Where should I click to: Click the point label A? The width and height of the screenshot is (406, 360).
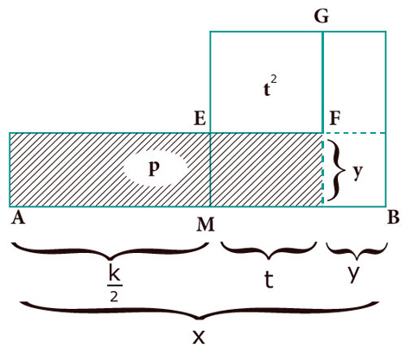coord(18,218)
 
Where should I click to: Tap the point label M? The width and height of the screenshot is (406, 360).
coord(206,224)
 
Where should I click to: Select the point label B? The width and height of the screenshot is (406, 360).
coord(393,218)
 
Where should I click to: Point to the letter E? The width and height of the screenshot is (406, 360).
coord(200,118)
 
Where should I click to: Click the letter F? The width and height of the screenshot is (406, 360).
coord(335,118)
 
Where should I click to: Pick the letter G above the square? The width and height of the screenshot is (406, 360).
coord(321,17)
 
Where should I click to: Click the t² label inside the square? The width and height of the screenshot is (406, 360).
coord(270,87)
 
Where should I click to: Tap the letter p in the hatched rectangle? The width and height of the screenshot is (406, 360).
coord(154,169)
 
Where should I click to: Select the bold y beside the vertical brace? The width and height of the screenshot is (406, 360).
coord(358,172)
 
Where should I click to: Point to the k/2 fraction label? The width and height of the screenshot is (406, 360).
coord(115,285)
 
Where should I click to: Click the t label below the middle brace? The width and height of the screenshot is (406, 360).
coord(269,280)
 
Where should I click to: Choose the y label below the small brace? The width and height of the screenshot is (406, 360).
coord(353,274)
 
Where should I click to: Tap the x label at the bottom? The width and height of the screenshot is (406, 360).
coord(199,337)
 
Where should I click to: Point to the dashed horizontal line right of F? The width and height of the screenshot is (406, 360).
coord(355,133)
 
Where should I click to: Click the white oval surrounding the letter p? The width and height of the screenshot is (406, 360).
coord(155,169)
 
